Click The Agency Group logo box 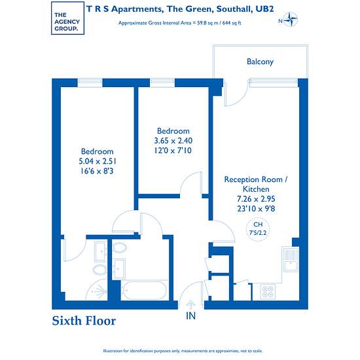tap(67, 18)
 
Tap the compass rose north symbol tap(291, 20)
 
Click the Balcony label tap(260, 62)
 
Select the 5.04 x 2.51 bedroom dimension tap(98, 162)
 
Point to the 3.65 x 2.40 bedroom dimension tap(173, 141)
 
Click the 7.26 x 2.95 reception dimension tap(256, 199)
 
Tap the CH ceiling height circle tap(258, 229)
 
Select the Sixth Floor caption tap(84, 321)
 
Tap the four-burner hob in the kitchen tap(268, 291)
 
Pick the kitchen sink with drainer tap(291, 259)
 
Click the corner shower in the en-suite tap(96, 290)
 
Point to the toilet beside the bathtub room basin tap(120, 248)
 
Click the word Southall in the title tap(234, 9)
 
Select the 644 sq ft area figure tap(232, 23)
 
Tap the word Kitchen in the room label tap(256, 189)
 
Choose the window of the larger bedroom tap(90, 83)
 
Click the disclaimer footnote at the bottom tap(183, 351)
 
